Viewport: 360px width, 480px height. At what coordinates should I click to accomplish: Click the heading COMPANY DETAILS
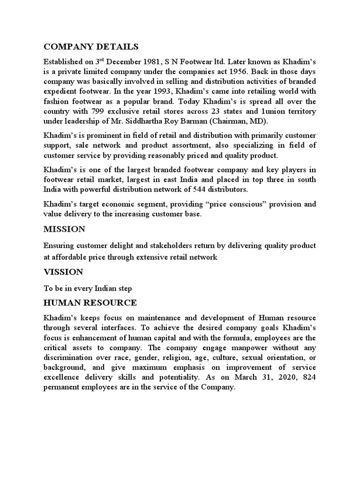pos(91,46)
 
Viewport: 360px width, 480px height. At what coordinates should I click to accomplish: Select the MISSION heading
pos(64,229)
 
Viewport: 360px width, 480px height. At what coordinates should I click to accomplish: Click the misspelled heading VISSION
pos(63,272)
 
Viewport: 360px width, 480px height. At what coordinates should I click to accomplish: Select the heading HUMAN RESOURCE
pos(90,303)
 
